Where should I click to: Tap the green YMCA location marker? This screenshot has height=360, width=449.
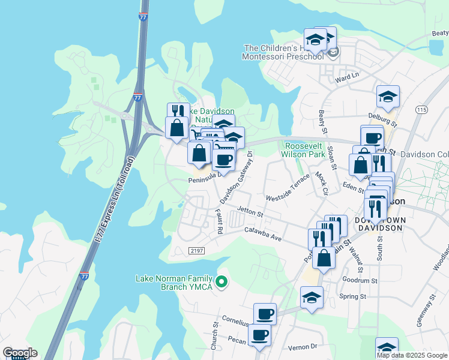[x=222, y=281]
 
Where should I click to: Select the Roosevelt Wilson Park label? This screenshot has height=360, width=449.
[x=304, y=150]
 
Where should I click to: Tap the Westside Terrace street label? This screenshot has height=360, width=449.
[x=288, y=190]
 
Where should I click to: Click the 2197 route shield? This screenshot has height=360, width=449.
[x=197, y=250]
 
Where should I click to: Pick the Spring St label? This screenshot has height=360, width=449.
[x=353, y=296]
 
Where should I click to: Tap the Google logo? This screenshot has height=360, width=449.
[x=20, y=353]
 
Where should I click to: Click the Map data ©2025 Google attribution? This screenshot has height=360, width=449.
[x=412, y=355]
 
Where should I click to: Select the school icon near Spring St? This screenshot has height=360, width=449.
[x=312, y=297]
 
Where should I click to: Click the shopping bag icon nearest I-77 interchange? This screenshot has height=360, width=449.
[x=177, y=128]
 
